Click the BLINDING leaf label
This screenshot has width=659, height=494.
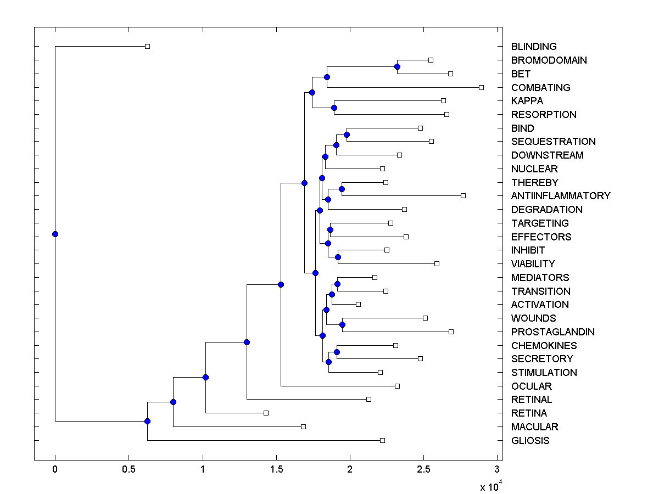[533, 47]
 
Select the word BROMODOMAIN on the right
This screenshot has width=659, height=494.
[549, 60]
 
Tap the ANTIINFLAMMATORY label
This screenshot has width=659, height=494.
[560, 196]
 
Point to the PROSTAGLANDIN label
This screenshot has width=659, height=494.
[552, 332]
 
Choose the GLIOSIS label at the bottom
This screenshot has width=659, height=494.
[530, 441]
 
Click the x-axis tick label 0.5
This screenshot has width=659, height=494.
[129, 469]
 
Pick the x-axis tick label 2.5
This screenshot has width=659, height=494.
[423, 469]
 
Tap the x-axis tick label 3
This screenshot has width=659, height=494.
[497, 469]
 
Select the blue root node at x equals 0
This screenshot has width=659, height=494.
[55, 234]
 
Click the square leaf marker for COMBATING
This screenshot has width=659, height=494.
[481, 87]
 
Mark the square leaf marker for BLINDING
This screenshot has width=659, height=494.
[147, 46]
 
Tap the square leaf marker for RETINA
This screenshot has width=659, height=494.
[266, 413]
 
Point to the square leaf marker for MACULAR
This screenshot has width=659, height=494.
[303, 426]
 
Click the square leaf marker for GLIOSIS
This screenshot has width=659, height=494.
[382, 440]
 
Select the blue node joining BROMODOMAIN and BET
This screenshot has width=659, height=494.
[397, 66]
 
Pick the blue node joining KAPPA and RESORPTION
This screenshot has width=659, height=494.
[334, 108]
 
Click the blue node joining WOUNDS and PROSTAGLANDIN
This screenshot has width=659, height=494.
[342, 324]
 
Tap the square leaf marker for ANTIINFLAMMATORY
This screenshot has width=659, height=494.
[463, 195]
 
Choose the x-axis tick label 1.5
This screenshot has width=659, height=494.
[276, 469]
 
